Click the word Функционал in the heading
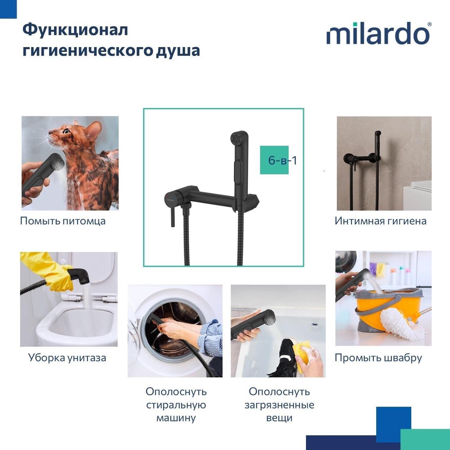(75, 30)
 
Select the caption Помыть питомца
(63, 221)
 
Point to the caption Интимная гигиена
(380, 221)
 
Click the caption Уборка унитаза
(67, 358)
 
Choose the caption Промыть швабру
(378, 358)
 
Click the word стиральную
(176, 405)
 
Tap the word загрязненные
(279, 405)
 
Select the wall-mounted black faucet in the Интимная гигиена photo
(350, 159)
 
